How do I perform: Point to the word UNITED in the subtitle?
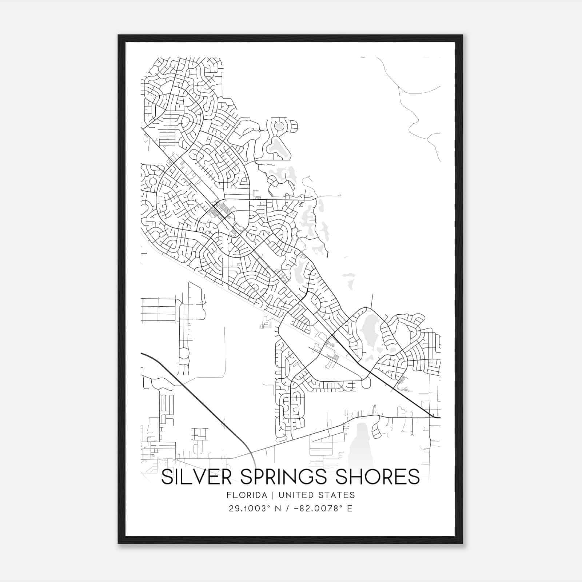coord(293,495)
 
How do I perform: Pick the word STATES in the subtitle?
coord(337,495)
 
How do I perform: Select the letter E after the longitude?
coord(350,508)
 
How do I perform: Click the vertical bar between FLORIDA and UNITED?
coord(269,495)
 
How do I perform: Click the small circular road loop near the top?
coord(279,126)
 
